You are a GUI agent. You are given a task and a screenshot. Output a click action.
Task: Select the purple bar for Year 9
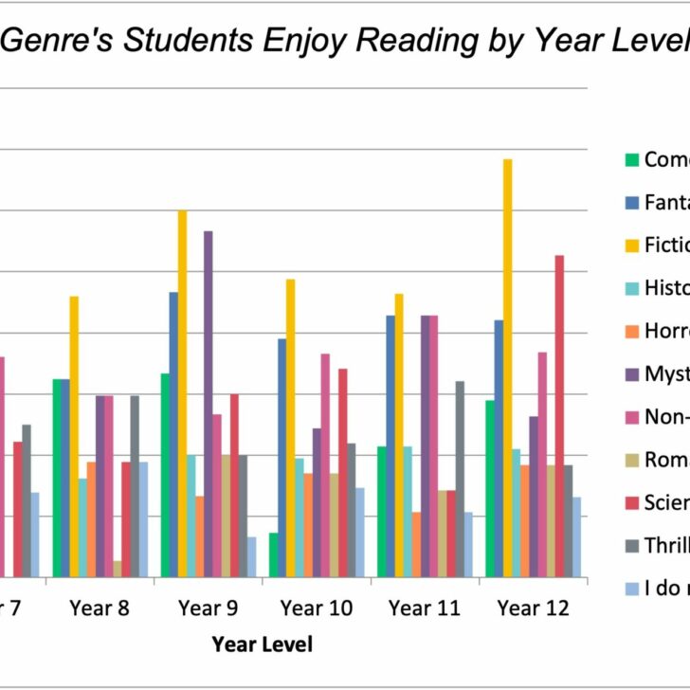coord(209,404)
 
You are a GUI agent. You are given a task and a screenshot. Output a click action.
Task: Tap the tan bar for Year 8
coord(118,569)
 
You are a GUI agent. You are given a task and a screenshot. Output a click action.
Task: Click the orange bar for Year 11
coord(416,544)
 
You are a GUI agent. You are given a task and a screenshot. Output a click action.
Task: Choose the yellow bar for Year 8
coord(74,436)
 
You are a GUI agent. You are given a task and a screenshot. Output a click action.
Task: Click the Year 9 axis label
coord(209,608)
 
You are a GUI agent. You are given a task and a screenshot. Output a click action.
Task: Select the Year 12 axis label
coord(533,608)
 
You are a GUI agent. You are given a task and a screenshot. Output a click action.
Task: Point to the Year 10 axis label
coord(317,608)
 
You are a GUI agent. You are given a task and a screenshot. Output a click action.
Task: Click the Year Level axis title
coord(262,645)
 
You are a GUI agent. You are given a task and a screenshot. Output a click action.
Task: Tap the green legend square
coord(631,159)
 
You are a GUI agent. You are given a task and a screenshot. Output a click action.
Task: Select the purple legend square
coord(631,373)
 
